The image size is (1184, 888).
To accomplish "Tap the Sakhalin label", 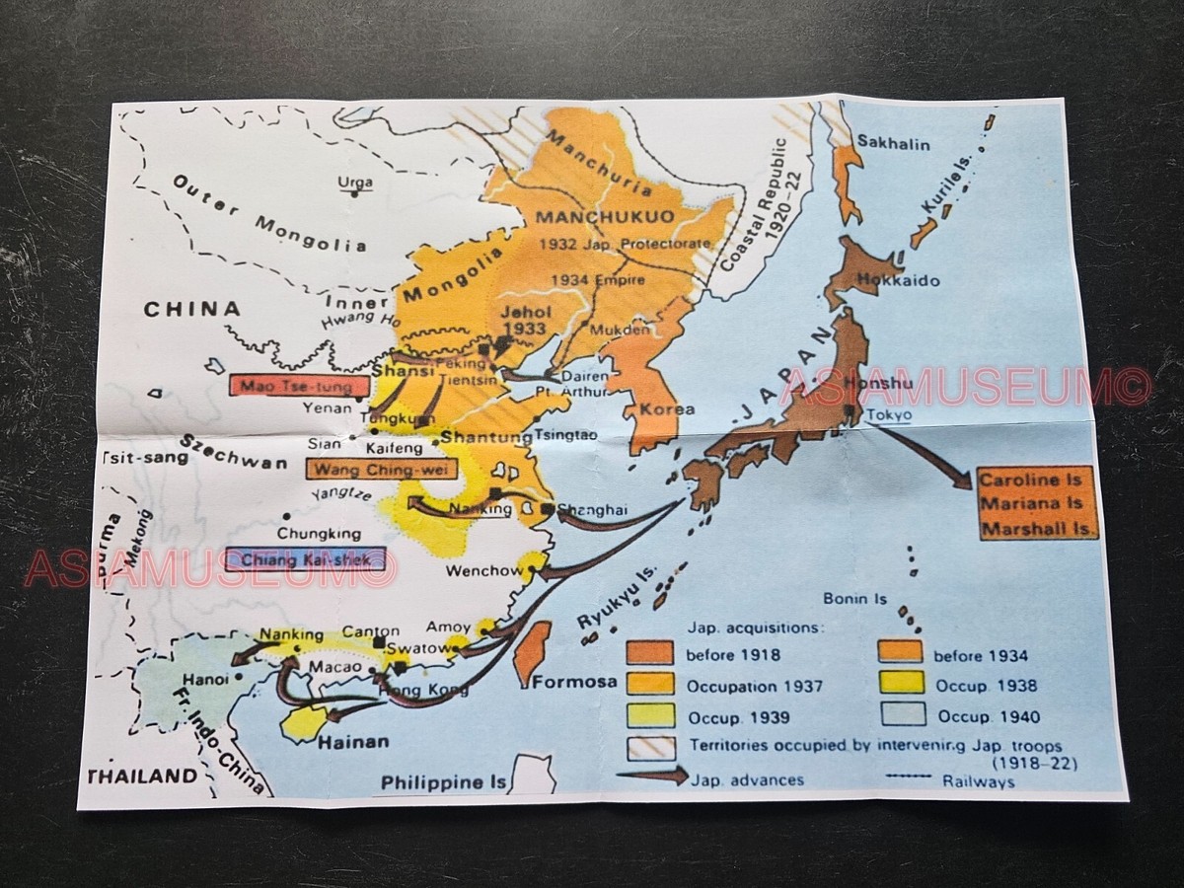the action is point(892,143).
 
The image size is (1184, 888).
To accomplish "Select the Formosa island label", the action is point(574,681).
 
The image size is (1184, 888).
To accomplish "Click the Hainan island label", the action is point(353,741).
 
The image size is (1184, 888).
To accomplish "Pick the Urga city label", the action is point(355,183).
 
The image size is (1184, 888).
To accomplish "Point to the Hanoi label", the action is point(206,679).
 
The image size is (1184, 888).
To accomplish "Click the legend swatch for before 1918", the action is point(649,653).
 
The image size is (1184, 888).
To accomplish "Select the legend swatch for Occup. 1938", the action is point(898,683).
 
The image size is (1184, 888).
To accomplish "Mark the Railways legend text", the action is point(978,781).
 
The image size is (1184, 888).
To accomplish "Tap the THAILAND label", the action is point(144,776).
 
